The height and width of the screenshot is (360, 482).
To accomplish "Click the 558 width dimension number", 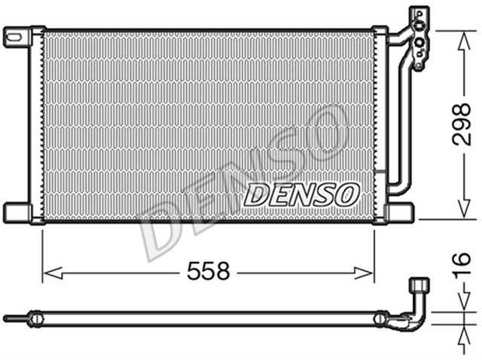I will coord(208,272).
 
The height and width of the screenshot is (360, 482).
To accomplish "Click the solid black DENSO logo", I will coord(299,195).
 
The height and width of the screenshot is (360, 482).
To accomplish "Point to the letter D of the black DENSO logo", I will coord(255,195).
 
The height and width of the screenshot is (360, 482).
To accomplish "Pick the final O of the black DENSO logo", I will coord(344,195).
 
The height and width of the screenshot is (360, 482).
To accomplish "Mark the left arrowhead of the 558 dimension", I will coord(47,273).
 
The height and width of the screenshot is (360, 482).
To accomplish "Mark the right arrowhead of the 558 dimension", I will coord(370,273).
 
